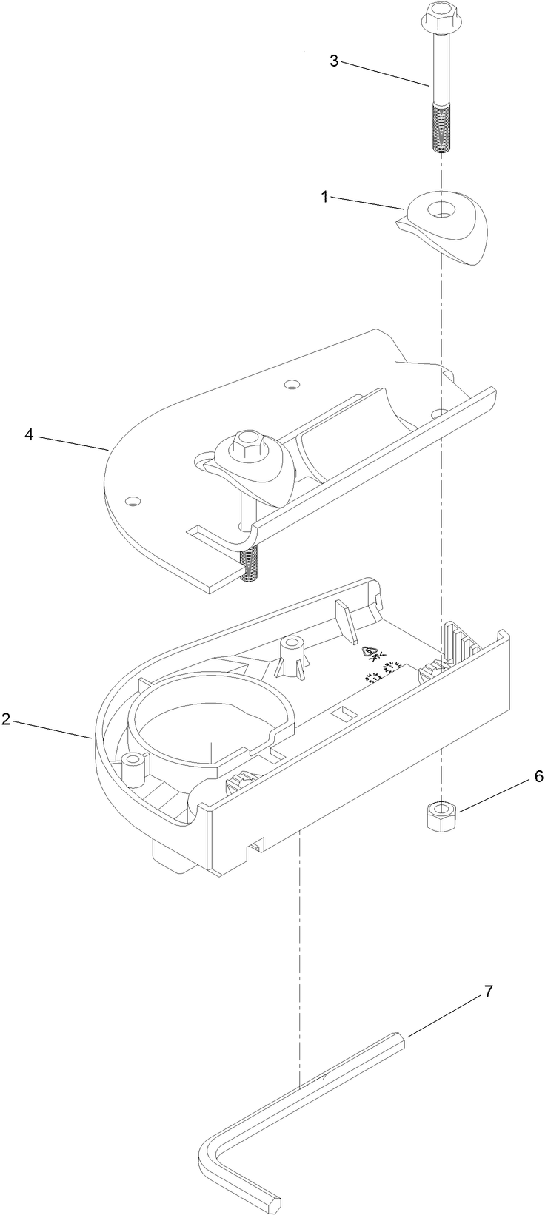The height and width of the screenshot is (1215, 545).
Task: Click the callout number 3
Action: click(x=334, y=61)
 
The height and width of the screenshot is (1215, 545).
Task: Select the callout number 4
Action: click(x=29, y=435)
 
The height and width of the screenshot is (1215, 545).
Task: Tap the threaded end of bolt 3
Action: click(x=441, y=129)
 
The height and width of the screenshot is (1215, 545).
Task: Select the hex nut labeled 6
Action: click(x=442, y=817)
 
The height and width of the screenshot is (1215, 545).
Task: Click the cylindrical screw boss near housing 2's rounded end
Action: click(x=134, y=770)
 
